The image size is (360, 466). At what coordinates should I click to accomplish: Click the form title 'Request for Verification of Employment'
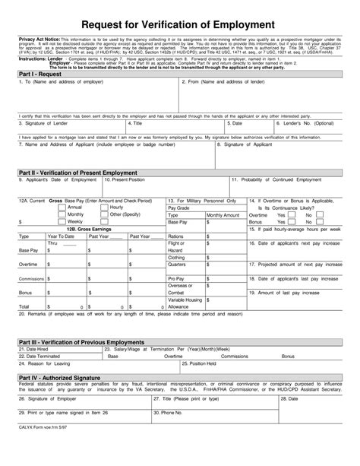(180, 26)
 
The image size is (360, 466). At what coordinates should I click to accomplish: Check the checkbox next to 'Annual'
(63, 208)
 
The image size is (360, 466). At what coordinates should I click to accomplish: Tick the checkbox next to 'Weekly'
(63, 221)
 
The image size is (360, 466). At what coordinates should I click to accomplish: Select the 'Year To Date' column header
(60, 236)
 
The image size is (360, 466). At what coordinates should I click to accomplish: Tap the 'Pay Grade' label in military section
(178, 208)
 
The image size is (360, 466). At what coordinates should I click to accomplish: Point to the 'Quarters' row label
(176, 265)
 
